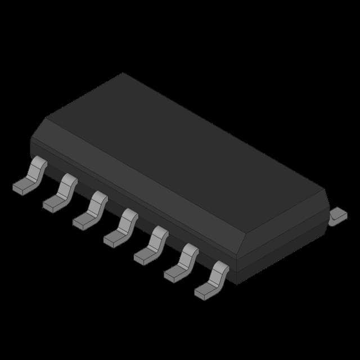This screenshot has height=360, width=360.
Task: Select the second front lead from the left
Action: tap(60, 192)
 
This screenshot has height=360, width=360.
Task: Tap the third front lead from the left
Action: tap(91, 209)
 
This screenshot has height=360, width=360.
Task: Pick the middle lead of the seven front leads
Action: tap(121, 227)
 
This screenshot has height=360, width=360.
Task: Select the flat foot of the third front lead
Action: tap(83, 221)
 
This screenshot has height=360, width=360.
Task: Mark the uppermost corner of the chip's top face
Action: tap(123, 73)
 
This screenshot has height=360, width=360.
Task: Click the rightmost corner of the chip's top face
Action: tap(327, 192)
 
